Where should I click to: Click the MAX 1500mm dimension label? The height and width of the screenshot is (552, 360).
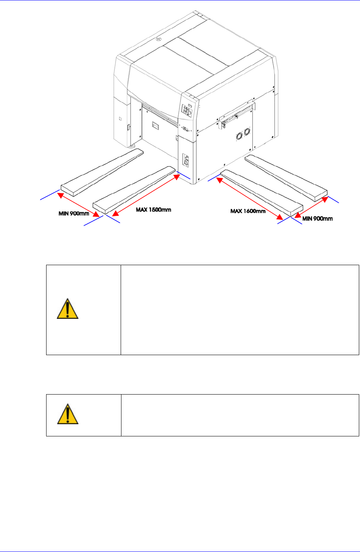click(x=153, y=210)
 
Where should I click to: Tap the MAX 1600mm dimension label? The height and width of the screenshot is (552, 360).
click(x=248, y=211)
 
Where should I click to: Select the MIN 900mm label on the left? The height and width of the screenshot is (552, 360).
click(x=74, y=213)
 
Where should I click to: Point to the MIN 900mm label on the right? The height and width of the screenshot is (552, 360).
click(x=317, y=219)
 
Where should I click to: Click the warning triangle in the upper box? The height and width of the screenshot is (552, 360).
click(x=67, y=309)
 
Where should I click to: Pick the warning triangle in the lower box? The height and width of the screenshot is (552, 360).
click(x=68, y=414)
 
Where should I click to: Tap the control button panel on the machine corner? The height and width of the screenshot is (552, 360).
click(x=187, y=111)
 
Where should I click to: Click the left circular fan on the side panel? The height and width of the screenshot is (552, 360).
click(x=239, y=136)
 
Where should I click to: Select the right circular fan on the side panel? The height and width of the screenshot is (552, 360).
click(x=247, y=132)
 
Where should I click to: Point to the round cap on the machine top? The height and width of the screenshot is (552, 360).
click(x=159, y=39)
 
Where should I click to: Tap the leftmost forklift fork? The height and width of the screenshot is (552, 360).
click(x=102, y=172)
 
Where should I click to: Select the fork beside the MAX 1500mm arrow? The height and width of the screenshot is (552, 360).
click(x=134, y=190)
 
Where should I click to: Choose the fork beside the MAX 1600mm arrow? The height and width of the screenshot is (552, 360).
click(x=261, y=193)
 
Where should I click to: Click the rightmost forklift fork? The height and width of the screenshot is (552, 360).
click(x=286, y=178)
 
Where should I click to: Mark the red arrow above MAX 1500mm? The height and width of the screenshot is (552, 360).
click(x=146, y=195)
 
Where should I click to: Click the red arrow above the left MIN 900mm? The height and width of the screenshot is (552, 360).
click(x=78, y=205)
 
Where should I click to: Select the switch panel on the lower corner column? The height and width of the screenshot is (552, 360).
click(x=186, y=161)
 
